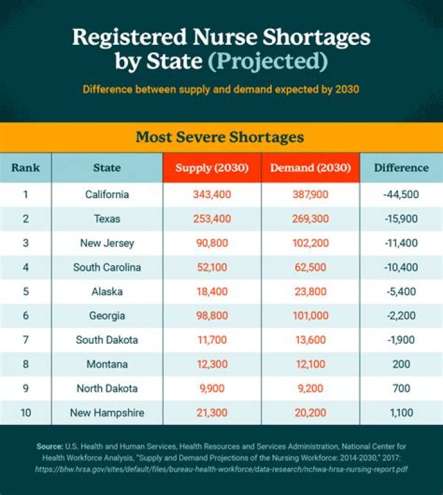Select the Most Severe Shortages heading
coord(220,137)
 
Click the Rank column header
coord(25,167)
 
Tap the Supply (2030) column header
coord(212,167)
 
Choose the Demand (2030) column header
coord(310,167)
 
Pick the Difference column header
coord(401,167)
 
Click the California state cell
coord(107,194)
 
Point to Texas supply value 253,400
coord(212,219)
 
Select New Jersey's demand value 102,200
coord(310,243)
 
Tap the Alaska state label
coord(107,291)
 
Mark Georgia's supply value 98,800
coord(212,315)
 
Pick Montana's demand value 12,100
coord(310,364)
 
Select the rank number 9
coord(25,389)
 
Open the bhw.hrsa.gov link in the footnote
coord(221,468)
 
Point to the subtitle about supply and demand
coord(221,89)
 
